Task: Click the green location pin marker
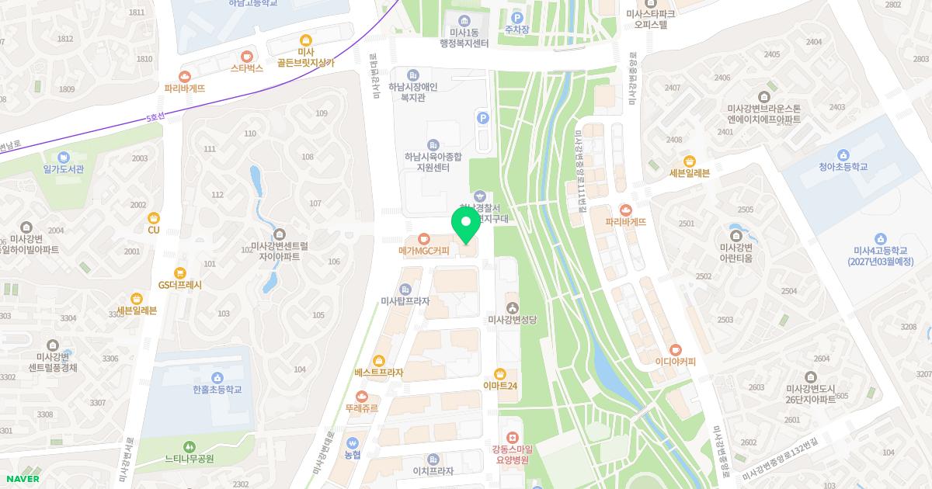pos(466,227)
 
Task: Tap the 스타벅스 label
pos(247,68)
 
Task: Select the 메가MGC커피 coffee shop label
pos(423,250)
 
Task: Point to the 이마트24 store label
pos(500,385)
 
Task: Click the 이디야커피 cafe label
pos(675,361)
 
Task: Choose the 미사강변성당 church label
pos(512,319)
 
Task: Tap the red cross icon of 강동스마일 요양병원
pos(511,438)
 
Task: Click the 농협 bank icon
pos(353,442)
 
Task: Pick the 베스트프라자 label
pos(378,372)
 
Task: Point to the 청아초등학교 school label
pos(843,166)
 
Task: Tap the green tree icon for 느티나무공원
pos(189,447)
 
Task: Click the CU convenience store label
pos(153,229)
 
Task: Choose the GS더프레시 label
pos(179,284)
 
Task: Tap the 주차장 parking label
pos(516,29)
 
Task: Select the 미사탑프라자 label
pos(405,301)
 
